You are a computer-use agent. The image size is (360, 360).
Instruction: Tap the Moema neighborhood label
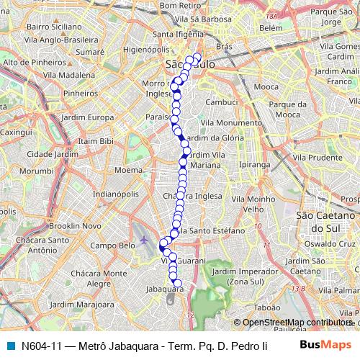[x=128, y=171]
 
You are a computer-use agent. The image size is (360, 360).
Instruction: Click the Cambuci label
[x=222, y=102]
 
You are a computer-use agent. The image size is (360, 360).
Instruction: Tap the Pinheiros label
[x=80, y=93]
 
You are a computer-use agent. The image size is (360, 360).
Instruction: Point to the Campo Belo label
[x=112, y=246]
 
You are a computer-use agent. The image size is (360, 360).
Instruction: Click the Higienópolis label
[x=145, y=51]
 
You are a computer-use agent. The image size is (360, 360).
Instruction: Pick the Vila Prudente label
[x=316, y=156]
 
